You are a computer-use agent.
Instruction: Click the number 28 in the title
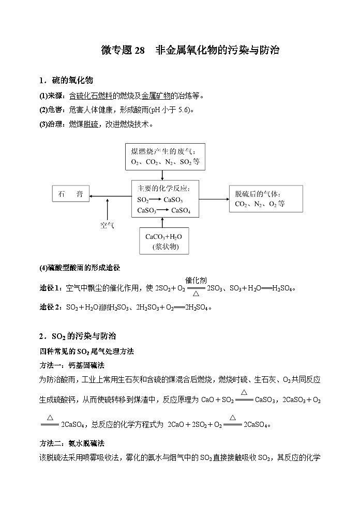point(140,50)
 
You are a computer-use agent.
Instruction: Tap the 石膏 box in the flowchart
point(70,194)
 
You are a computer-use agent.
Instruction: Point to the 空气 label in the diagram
point(107,225)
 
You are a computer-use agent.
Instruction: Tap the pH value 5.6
point(183,110)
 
